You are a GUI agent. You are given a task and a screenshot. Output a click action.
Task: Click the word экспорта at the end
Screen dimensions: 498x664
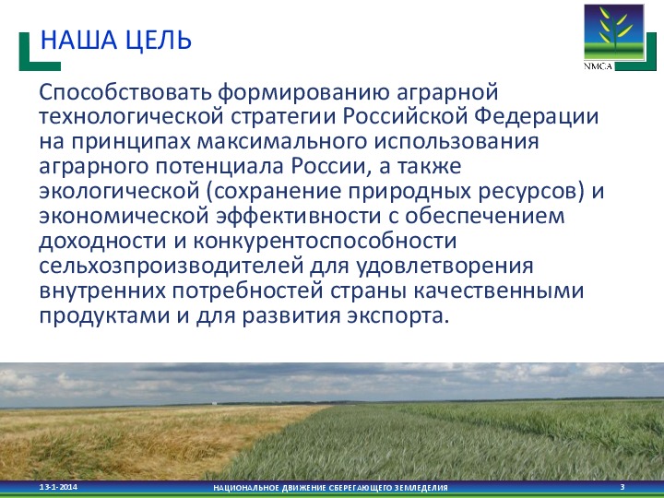click(397, 316)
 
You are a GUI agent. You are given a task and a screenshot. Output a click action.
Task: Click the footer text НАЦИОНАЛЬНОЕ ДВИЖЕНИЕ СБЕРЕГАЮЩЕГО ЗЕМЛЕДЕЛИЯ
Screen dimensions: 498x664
click(329, 487)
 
